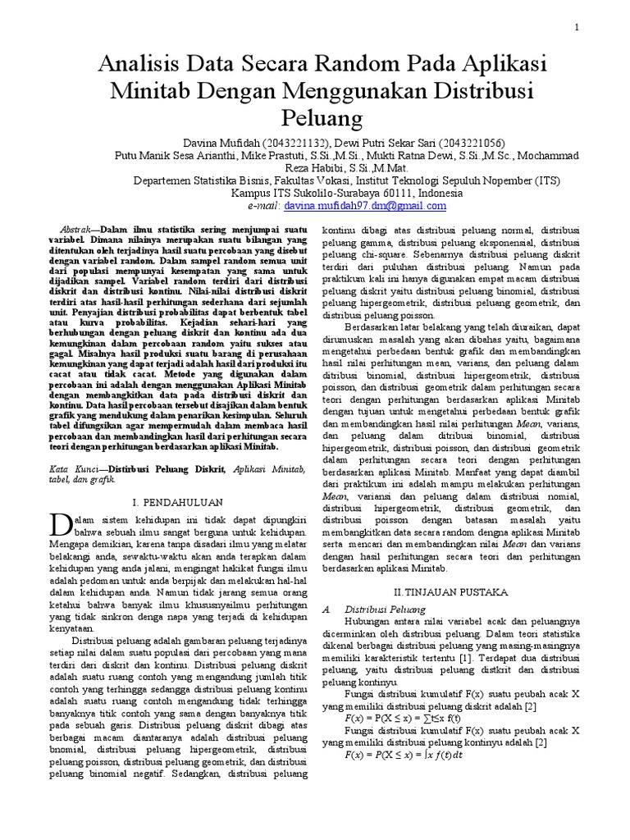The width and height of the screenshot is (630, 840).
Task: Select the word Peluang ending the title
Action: coord(316,118)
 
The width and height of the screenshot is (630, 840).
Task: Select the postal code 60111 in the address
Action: coord(360,193)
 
